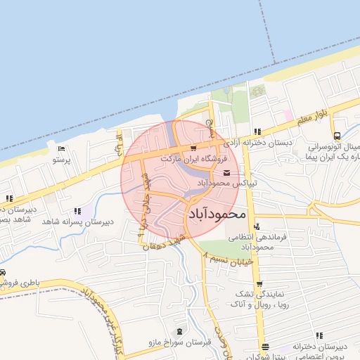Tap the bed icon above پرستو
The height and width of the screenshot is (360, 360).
pos(61,148)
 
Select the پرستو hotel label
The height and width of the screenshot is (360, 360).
pos(62,160)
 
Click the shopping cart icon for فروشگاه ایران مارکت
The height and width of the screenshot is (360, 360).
pos(193,148)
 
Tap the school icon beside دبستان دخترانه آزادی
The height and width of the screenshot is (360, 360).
pos(258,131)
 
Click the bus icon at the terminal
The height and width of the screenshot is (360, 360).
pos(337,136)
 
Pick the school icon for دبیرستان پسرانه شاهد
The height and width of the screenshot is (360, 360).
pos(77,211)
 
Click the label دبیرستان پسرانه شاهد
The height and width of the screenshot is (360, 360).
pos(77,221)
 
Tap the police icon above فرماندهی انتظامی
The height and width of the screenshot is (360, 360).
pos(258,226)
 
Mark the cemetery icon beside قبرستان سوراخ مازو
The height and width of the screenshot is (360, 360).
pos(179,331)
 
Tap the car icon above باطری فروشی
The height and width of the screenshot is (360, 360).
pos(4,272)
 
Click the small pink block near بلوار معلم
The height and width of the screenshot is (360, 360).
pos(288,114)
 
